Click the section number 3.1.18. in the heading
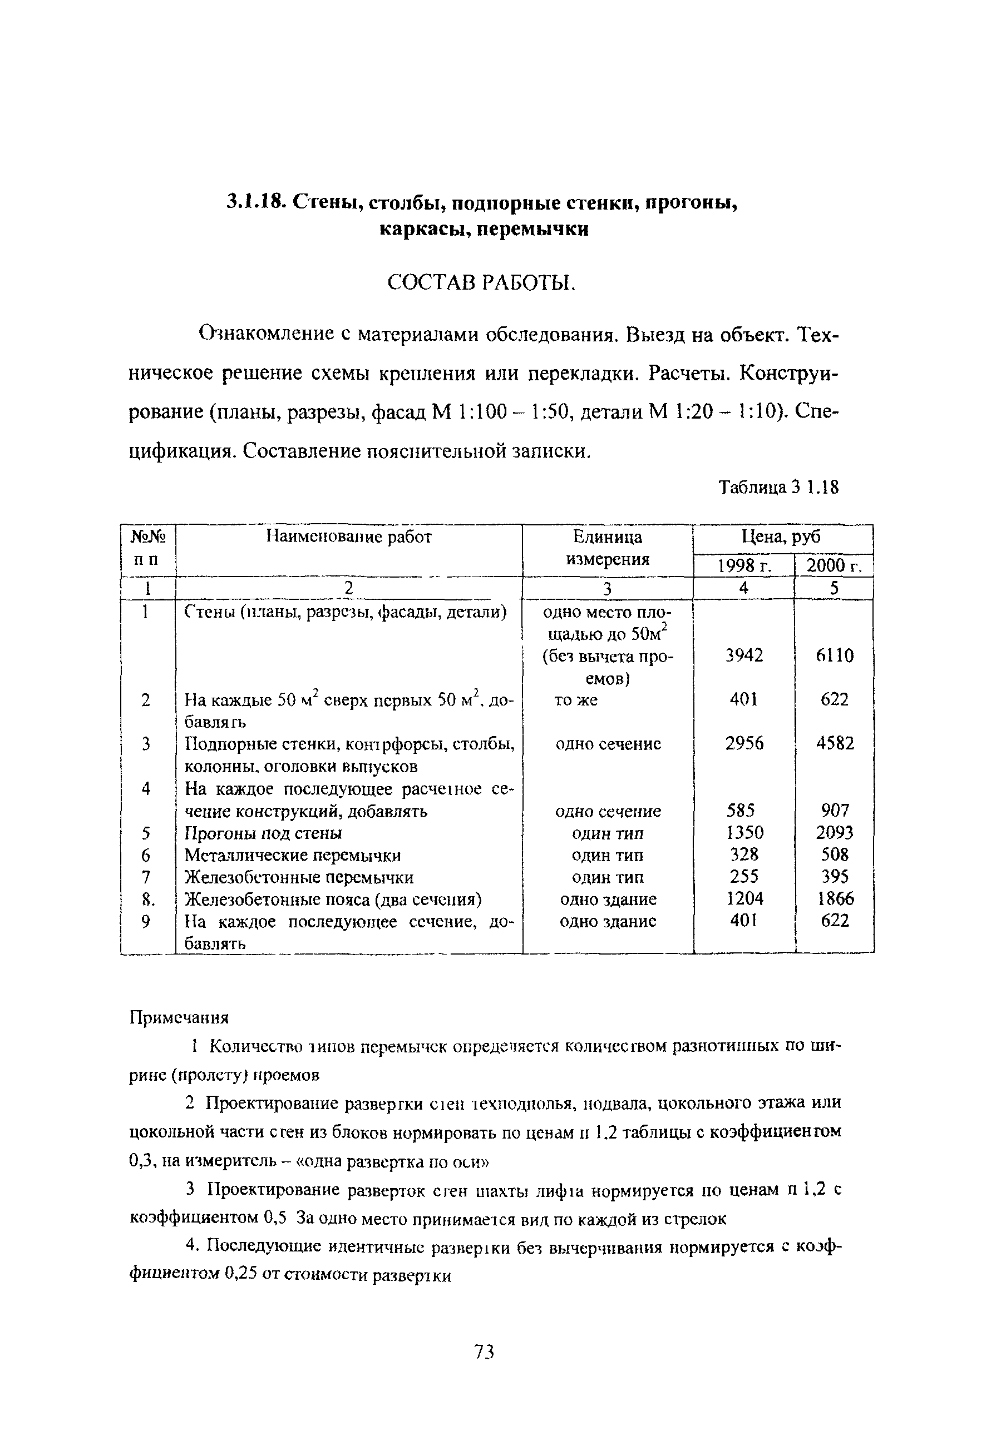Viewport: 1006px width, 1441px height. click(x=255, y=202)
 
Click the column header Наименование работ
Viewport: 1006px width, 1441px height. click(x=348, y=537)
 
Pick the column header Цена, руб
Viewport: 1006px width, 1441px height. click(x=781, y=537)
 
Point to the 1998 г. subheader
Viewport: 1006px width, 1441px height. click(x=743, y=566)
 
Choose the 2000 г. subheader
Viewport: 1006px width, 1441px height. click(x=834, y=566)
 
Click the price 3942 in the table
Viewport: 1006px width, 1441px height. click(x=744, y=656)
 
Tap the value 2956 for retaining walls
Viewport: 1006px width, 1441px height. click(x=744, y=744)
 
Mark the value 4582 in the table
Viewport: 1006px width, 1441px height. click(x=835, y=744)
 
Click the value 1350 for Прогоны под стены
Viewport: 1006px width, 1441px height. click(x=744, y=833)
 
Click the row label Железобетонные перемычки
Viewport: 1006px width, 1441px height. click(x=299, y=877)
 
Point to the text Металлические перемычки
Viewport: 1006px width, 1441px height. click(x=292, y=856)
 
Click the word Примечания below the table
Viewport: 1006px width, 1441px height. click(x=179, y=1017)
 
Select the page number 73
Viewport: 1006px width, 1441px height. click(x=484, y=1352)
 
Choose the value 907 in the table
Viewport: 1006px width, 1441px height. click(x=835, y=810)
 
